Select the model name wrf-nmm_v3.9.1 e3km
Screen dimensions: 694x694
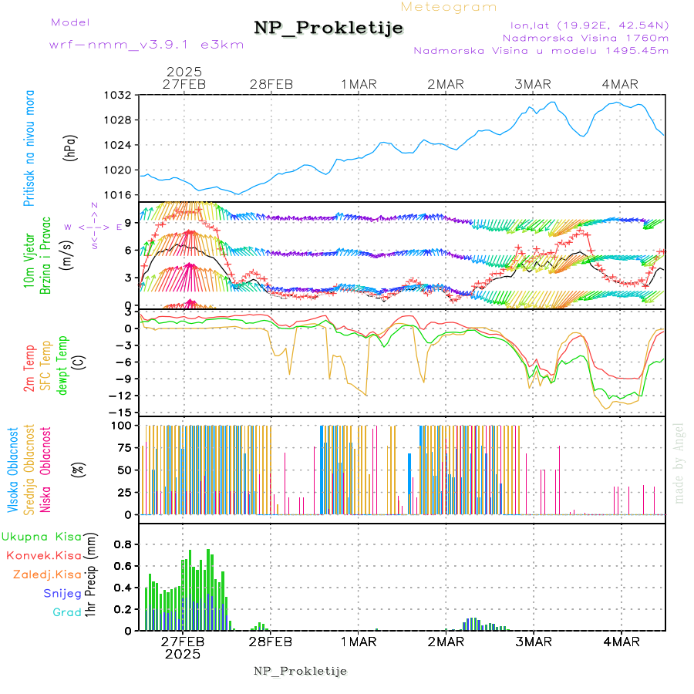point(146,45)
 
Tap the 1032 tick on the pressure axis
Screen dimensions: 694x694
point(119,95)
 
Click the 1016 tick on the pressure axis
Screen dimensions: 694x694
point(119,194)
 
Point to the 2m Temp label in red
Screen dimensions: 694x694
point(29,369)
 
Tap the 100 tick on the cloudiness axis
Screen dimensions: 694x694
point(124,425)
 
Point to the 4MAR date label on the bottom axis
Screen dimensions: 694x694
point(621,642)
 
